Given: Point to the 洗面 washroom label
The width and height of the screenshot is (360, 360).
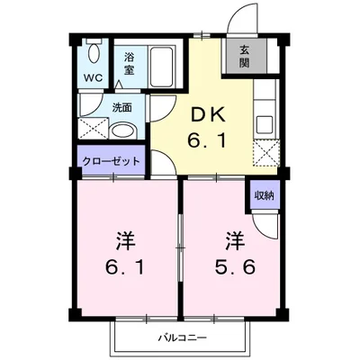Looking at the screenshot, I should click(x=121, y=107).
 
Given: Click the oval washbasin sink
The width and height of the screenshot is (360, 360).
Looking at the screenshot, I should click(x=123, y=129).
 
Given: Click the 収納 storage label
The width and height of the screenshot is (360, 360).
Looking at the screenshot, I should click(x=264, y=194).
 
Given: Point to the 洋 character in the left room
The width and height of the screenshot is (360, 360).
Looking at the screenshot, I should click(x=125, y=241).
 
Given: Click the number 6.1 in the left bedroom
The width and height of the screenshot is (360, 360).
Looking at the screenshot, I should click(x=125, y=266).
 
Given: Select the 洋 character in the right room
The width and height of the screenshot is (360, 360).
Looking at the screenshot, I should click(x=234, y=241).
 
